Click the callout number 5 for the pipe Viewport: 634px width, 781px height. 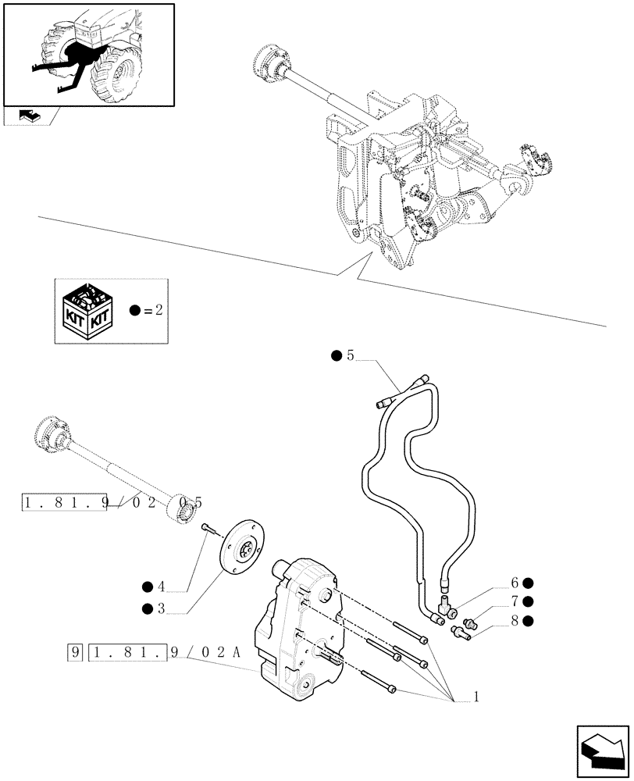click(x=350, y=356)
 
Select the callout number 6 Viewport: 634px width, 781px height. click(x=515, y=583)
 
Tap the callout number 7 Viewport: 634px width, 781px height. click(x=515, y=601)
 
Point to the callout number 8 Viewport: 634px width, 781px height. click(x=515, y=621)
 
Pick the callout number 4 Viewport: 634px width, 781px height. click(x=160, y=587)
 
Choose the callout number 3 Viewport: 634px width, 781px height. click(x=160, y=608)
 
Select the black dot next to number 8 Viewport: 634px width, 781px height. click(x=529, y=621)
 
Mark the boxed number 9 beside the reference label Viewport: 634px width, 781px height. click(x=75, y=650)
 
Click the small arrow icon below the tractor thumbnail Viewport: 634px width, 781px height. click(x=29, y=116)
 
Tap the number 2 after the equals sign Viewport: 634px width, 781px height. click(x=158, y=310)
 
